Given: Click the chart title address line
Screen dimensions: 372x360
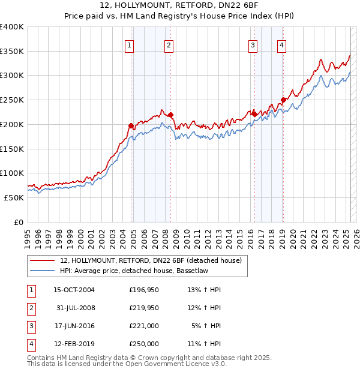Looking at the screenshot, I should point(179,5).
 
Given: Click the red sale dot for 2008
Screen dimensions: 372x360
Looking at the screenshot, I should point(170,115).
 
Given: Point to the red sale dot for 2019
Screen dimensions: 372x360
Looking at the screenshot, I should point(283,100).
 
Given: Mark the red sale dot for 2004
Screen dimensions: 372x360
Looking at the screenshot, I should point(131,125).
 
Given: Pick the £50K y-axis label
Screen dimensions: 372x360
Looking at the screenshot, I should point(14,197).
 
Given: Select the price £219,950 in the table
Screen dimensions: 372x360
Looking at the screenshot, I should point(143,308).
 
